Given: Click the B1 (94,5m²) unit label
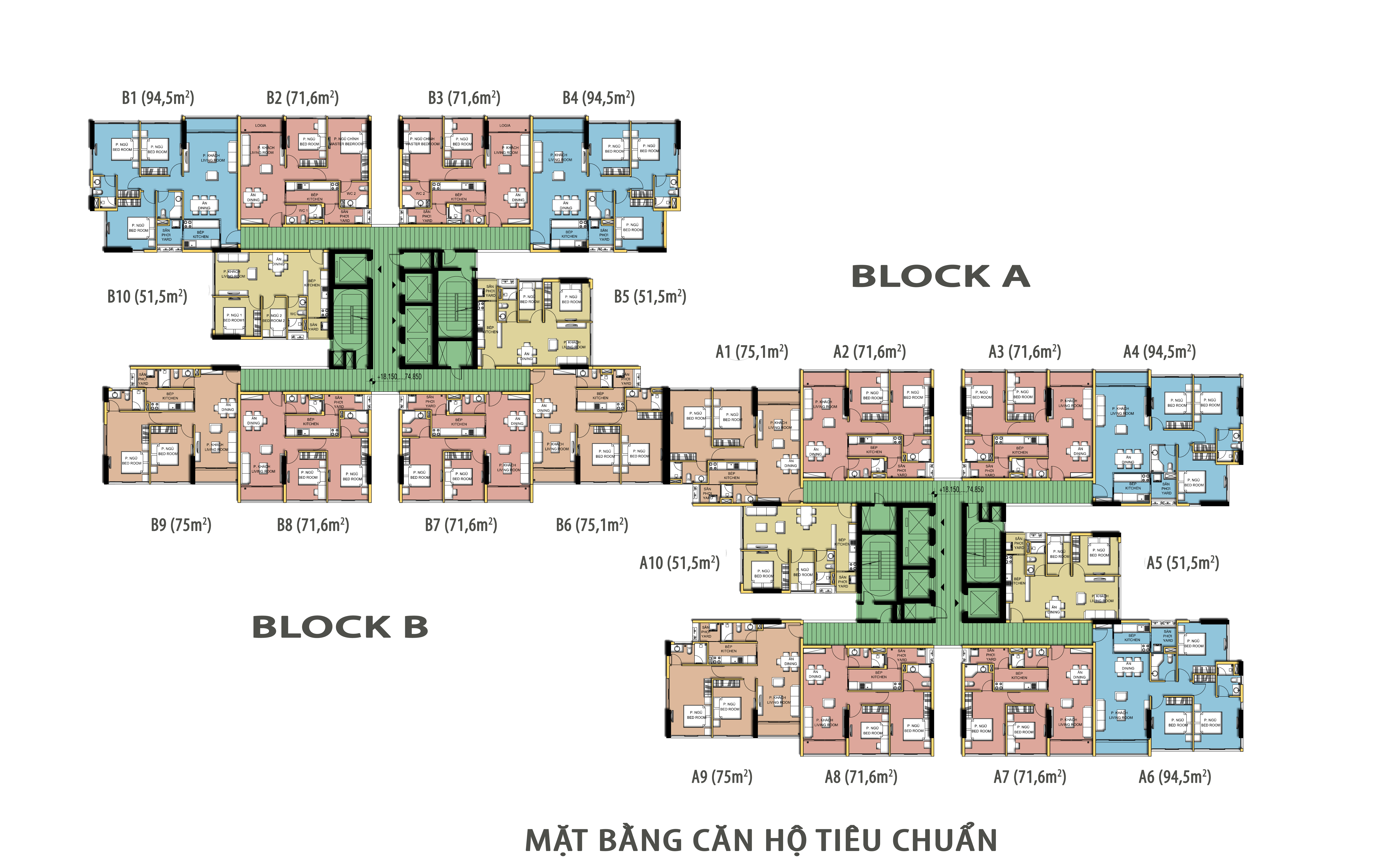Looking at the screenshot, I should (158, 98).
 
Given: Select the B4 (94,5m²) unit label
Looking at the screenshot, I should (599, 98).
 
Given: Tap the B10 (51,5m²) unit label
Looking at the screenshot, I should (147, 297).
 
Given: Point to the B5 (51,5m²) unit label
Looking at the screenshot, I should (650, 297).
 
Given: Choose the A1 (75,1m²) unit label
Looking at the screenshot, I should (752, 352).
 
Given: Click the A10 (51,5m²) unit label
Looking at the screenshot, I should (679, 564).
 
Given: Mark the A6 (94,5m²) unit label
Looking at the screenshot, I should (1175, 777).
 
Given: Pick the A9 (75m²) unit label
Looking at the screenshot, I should (722, 777).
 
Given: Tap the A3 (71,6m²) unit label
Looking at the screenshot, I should (1025, 352).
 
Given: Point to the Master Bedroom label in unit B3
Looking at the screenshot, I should (422, 142).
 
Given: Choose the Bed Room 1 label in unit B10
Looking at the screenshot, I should (233, 318).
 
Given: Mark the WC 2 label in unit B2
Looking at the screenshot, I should (351, 193).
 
